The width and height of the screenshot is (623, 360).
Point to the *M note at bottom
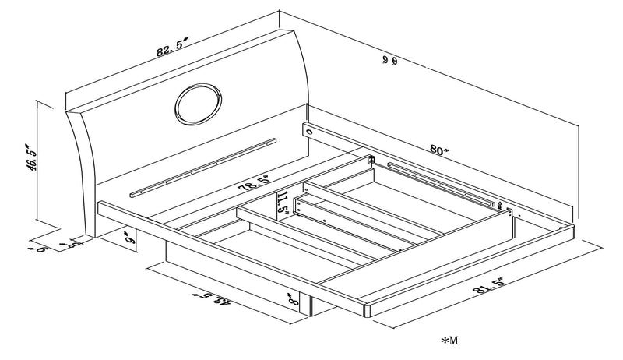click(x=450, y=341)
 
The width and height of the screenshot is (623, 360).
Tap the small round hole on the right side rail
click(x=309, y=133)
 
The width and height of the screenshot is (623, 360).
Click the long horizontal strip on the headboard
click(x=202, y=167)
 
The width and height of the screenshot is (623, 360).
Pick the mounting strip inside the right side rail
click(x=440, y=184)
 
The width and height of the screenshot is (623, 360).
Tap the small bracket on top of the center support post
click(x=371, y=161)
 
